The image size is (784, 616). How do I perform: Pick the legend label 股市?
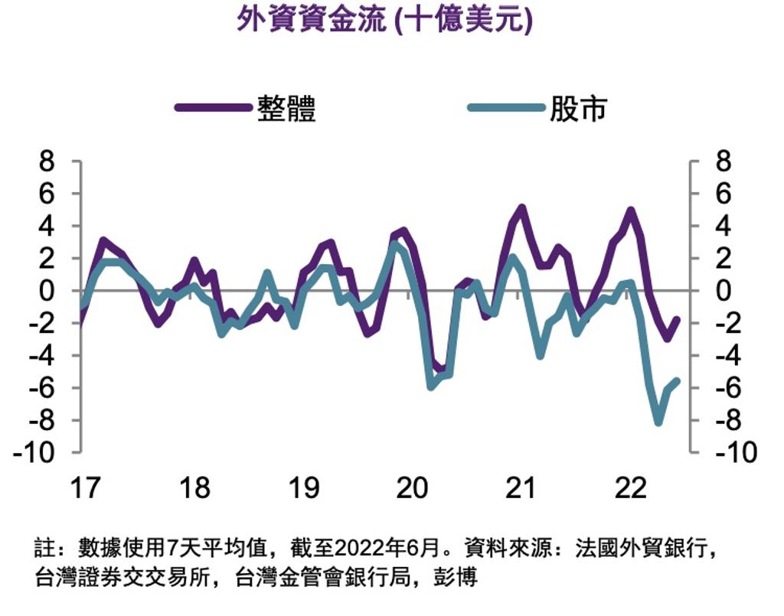(x=578, y=109)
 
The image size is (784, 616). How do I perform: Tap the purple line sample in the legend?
(x=214, y=108)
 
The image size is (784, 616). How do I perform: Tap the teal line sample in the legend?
(x=505, y=108)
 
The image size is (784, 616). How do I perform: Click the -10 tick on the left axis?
(x=38, y=452)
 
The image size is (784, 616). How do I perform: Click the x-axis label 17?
(x=85, y=487)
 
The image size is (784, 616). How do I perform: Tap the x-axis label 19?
(x=304, y=487)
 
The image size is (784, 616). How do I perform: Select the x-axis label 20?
(x=413, y=487)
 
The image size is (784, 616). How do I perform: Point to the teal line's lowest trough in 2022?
(x=658, y=422)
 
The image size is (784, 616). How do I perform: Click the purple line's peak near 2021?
(x=521, y=207)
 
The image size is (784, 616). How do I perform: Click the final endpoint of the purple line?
(x=677, y=320)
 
